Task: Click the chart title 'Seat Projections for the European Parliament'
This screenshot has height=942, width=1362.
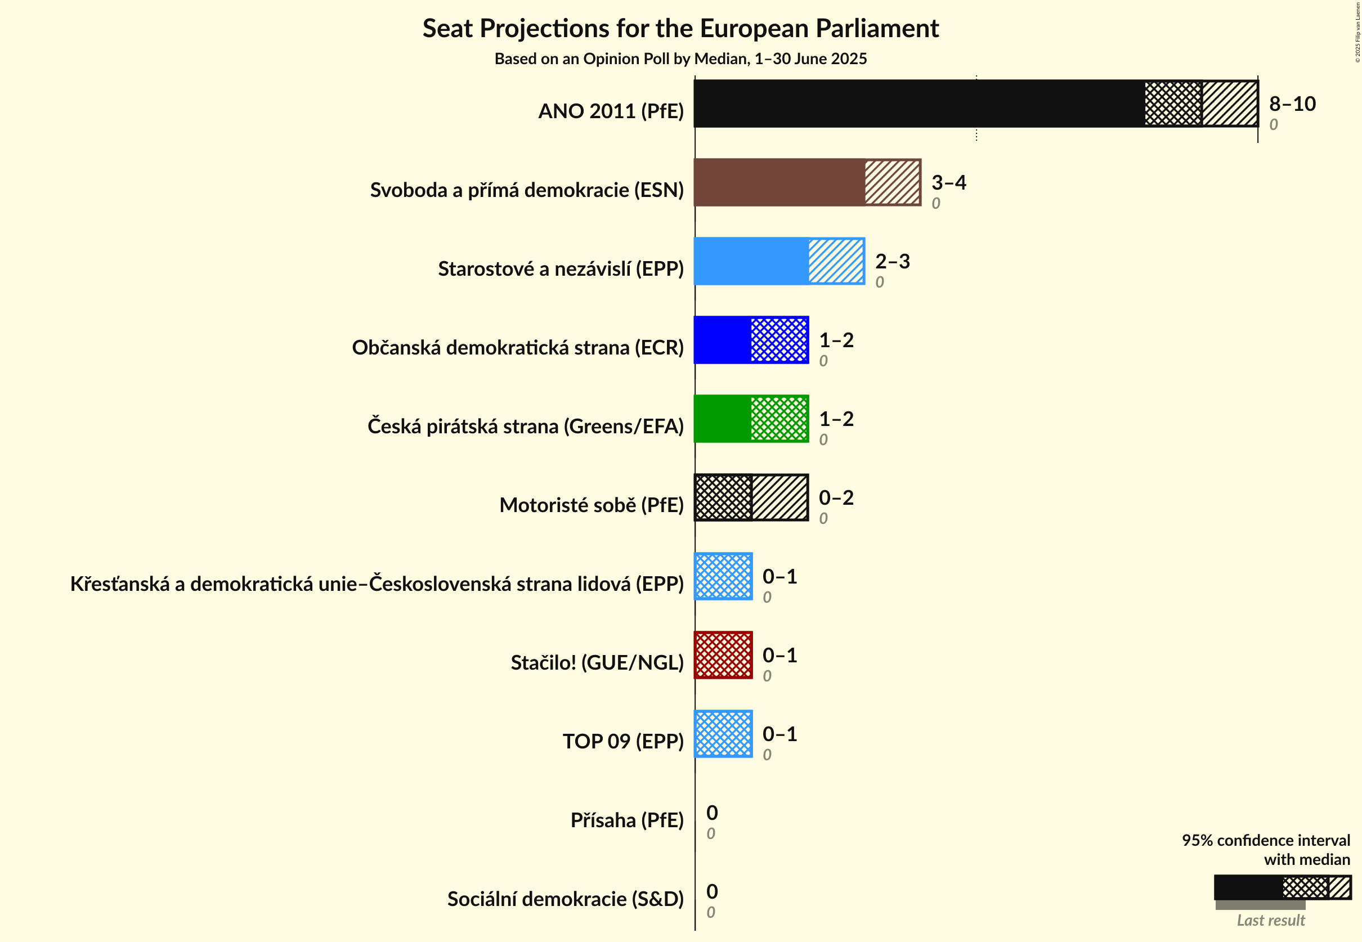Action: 680,28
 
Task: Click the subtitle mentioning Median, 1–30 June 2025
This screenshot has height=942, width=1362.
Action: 680,59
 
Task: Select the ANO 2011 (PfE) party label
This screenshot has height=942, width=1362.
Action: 611,111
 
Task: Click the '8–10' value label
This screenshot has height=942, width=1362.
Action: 1292,104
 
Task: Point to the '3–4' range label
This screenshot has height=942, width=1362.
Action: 948,182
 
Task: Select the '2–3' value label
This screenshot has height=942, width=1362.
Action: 892,261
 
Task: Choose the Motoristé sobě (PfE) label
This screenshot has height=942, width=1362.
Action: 591,505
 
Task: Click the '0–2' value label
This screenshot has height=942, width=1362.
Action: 836,497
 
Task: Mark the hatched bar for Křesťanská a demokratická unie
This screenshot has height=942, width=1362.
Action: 723,576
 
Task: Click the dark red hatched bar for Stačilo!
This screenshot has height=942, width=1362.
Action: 723,655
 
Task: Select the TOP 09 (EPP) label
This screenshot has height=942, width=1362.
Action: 623,741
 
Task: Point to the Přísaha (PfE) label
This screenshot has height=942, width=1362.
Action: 626,820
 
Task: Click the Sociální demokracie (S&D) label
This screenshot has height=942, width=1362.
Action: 565,899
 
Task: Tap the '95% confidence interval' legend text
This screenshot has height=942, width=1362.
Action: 1265,841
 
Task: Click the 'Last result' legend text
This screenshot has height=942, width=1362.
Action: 1270,920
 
